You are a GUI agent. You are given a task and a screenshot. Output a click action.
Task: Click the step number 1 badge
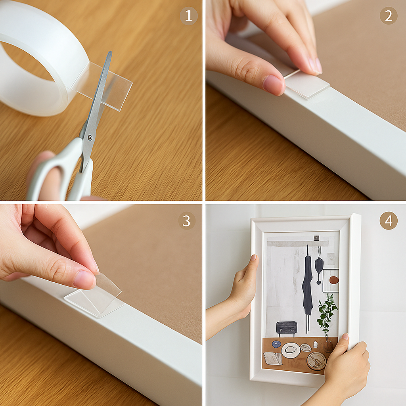tap(188, 16)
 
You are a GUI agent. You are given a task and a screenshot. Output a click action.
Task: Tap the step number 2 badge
tap(389, 16)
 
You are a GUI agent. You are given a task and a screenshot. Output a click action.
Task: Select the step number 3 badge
tap(187, 220)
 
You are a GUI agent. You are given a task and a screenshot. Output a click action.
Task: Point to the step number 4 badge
tap(389, 220)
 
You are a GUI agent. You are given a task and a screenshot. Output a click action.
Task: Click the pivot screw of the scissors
tap(90, 138)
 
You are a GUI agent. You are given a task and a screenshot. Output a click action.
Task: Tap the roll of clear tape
tap(39, 59)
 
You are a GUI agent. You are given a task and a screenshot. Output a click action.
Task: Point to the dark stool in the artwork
tap(286, 329)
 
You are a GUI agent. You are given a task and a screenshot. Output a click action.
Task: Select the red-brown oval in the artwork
tap(334, 280)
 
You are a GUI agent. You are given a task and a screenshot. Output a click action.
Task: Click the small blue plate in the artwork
tap(276, 344)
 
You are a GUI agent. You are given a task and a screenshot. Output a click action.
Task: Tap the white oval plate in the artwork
tap(291, 350)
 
